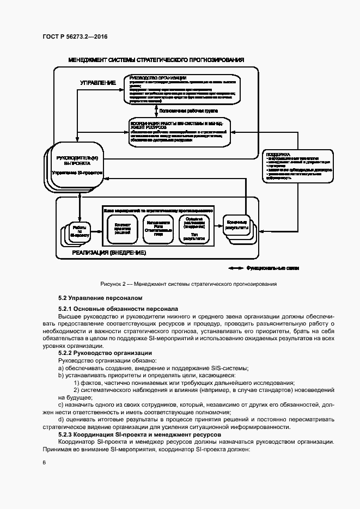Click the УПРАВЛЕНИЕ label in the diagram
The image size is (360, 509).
(98, 83)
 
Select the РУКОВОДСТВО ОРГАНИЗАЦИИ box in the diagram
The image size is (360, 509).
(179, 89)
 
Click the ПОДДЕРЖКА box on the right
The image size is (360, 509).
(298, 165)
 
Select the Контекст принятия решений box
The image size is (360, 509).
(119, 228)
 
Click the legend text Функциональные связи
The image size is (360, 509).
(273, 268)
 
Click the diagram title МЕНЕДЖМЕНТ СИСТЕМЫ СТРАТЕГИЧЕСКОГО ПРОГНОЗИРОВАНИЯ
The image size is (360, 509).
(156, 59)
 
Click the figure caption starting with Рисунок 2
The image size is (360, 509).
(189, 284)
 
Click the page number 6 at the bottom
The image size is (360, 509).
(44, 463)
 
